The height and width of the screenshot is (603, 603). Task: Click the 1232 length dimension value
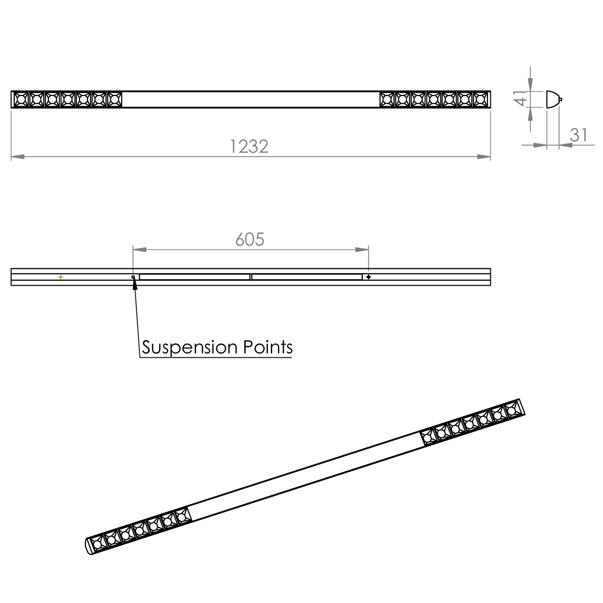250,147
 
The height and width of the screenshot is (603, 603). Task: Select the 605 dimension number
250,239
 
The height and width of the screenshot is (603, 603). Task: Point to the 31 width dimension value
578,134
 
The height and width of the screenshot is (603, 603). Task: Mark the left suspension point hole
133,277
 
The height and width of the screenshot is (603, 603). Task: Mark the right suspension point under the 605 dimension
368,277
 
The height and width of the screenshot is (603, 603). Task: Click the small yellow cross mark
61,277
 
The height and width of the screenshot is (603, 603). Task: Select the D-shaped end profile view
553,100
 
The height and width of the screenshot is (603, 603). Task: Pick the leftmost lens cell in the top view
21,99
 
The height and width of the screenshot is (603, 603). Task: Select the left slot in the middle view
194,277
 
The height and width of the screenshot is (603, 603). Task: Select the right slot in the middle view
306,277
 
